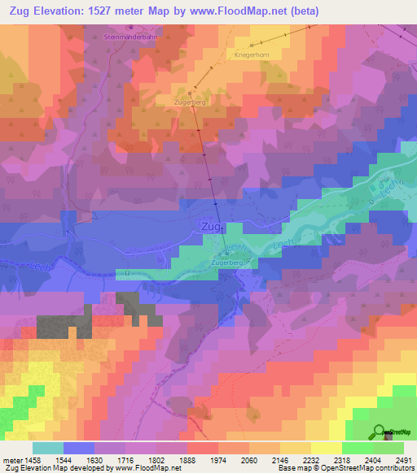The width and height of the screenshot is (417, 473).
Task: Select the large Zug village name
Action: click(x=209, y=228)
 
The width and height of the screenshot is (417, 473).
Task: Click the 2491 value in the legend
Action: click(x=403, y=459)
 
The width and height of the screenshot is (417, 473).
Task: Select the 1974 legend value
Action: click(x=217, y=459)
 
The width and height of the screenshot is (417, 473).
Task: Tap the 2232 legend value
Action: click(x=310, y=459)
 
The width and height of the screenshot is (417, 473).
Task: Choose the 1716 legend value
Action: click(x=124, y=459)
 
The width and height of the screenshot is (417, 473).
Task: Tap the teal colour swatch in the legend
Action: click(x=47, y=448)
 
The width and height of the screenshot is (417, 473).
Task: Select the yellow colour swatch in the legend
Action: click(x=327, y=448)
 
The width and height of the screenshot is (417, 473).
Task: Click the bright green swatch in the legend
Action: click(x=358, y=448)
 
